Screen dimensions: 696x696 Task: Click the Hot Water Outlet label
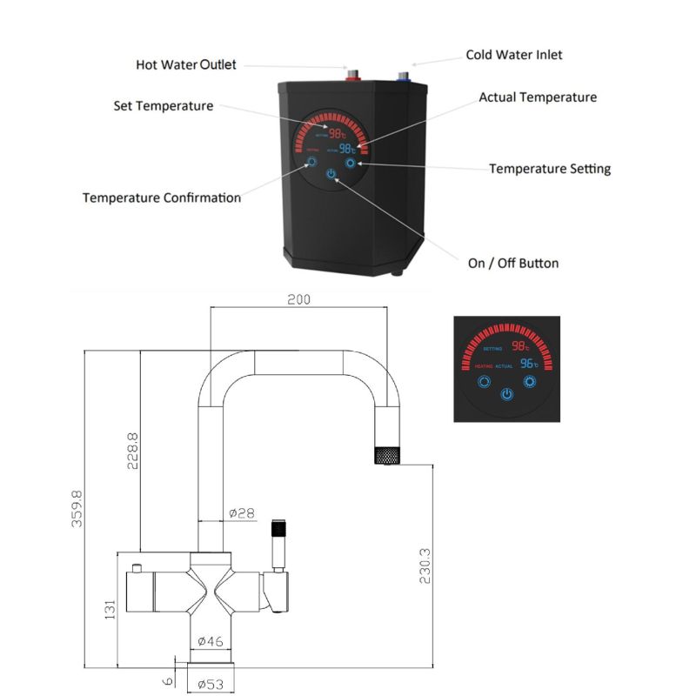(186, 65)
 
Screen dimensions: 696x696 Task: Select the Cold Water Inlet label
(513, 55)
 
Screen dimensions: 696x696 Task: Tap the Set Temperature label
(163, 106)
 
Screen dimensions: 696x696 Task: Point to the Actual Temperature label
(538, 97)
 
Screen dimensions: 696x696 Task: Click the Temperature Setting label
(549, 169)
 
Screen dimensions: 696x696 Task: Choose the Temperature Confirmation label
(162, 197)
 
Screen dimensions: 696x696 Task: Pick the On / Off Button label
(513, 263)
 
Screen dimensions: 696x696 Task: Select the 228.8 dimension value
(132, 446)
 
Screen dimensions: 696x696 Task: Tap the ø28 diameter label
(241, 513)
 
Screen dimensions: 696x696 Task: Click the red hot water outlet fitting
(354, 75)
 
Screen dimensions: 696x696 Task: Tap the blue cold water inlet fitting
(404, 76)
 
